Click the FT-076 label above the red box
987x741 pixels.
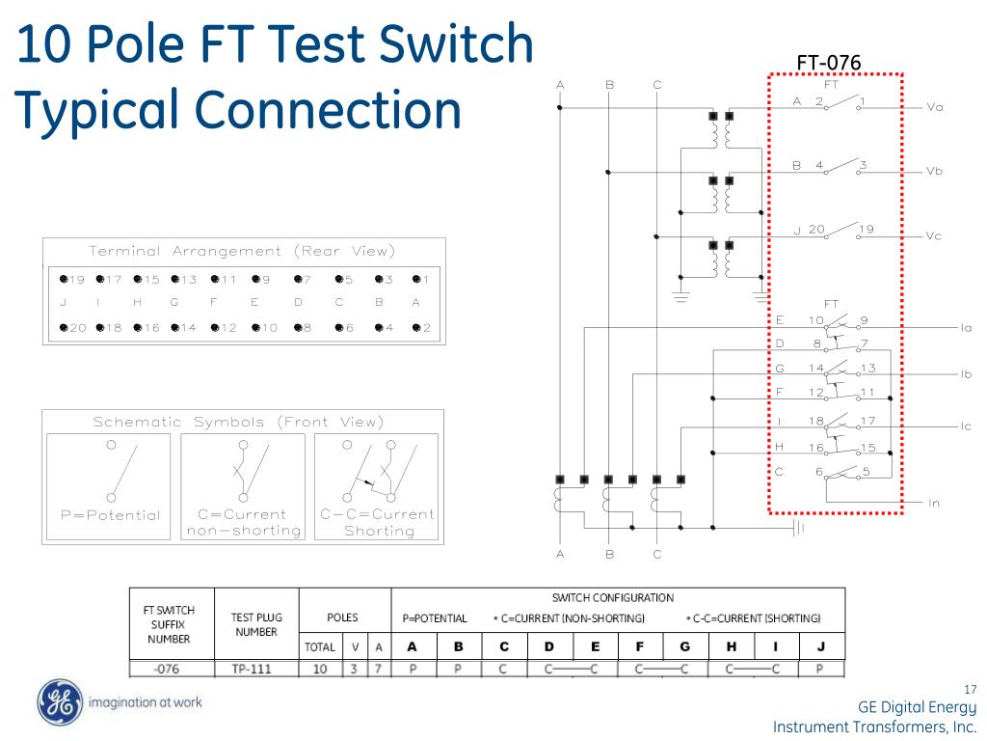coord(828,64)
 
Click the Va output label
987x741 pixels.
coord(934,107)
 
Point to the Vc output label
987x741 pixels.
coord(933,236)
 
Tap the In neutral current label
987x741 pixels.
coord(933,504)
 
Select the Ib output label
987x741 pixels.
coord(966,373)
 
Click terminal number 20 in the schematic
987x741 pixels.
coord(816,230)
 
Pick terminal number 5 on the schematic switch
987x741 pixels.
coord(866,472)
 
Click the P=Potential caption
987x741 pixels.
coord(110,515)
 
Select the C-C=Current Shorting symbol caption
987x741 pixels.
coord(378,522)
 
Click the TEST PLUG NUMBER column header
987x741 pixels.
coord(255,624)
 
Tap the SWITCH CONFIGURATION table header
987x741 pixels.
coord(612,598)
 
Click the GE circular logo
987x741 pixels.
coord(57,702)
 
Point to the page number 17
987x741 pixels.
coord(970,689)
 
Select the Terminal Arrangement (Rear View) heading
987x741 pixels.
coord(243,251)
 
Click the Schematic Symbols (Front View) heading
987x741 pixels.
coord(238,422)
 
